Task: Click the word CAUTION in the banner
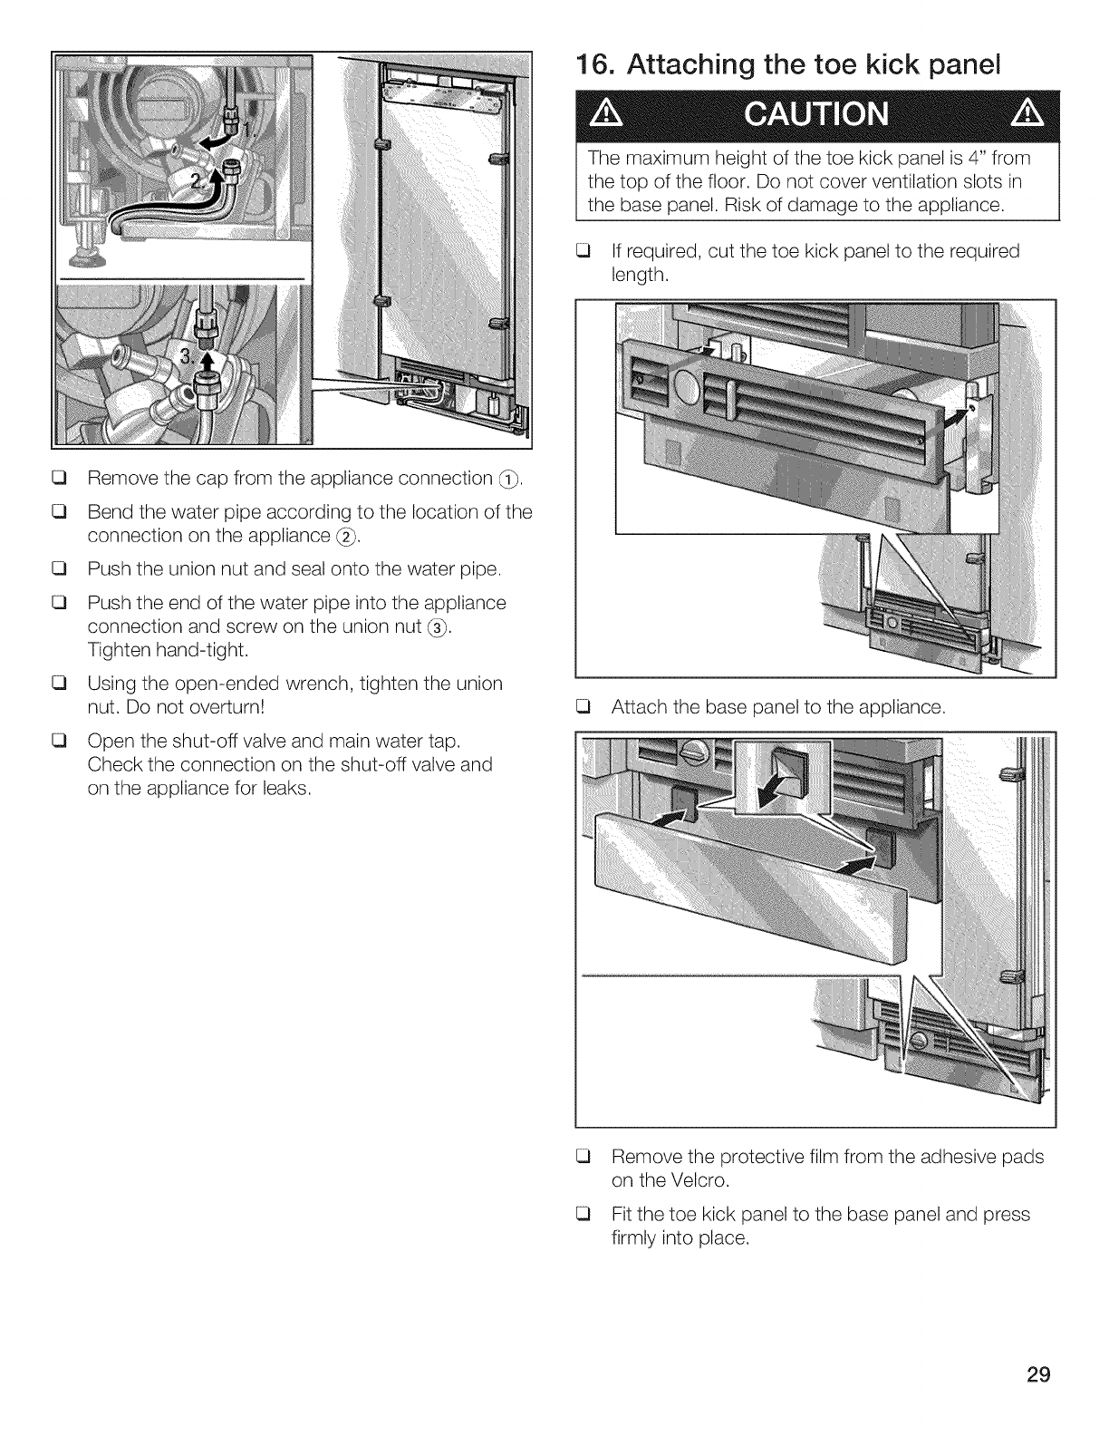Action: click(x=816, y=115)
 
